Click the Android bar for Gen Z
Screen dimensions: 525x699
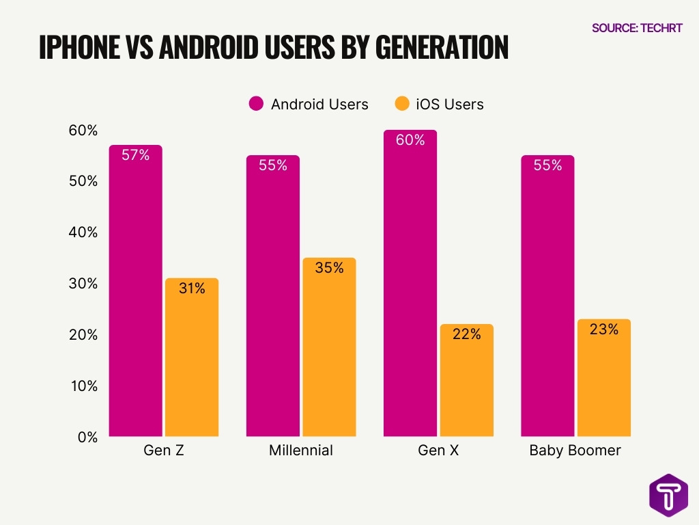(135, 294)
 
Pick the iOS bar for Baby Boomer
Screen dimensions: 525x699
(604, 379)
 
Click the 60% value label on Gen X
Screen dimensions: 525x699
(410, 140)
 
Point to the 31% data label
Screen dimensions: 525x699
(192, 288)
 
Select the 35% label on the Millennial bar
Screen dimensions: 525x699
(329, 268)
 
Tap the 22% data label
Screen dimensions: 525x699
(467, 334)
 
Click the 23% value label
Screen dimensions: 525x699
(604, 329)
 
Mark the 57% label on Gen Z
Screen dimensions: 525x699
(135, 155)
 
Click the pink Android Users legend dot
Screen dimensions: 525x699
(256, 104)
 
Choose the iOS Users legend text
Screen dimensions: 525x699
(449, 105)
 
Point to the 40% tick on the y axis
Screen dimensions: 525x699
(83, 232)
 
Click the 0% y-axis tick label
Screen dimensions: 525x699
(87, 437)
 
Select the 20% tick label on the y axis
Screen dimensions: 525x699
(83, 335)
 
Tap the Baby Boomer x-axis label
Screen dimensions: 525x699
(575, 451)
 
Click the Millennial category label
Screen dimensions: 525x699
(300, 451)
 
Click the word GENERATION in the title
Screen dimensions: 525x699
(442, 47)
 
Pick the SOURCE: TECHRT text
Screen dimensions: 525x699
(636, 28)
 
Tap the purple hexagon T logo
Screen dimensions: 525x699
(668, 495)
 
